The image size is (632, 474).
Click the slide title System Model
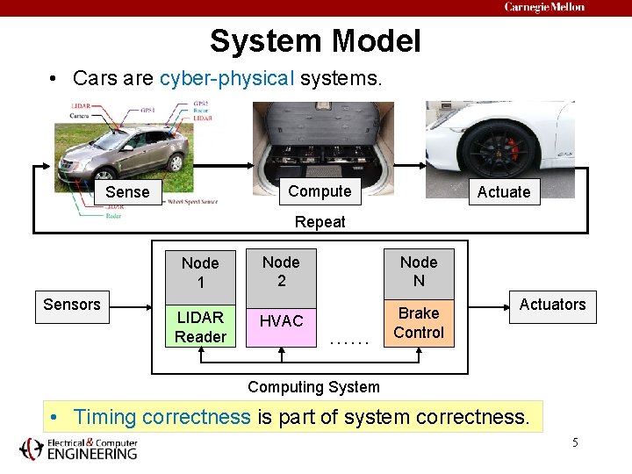[x=315, y=41]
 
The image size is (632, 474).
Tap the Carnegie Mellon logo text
[x=544, y=7]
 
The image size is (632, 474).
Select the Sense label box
[x=127, y=192]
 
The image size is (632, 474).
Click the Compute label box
[x=319, y=191]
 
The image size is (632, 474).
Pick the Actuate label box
[x=503, y=192]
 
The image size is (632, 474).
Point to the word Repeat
[x=320, y=222]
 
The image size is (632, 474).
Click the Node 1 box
[x=200, y=272]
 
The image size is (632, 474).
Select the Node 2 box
[x=281, y=271]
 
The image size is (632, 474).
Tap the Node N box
[x=419, y=271]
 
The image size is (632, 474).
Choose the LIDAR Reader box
[x=200, y=327]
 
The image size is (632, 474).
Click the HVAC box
[x=281, y=322]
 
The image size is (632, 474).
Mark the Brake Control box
[x=419, y=323]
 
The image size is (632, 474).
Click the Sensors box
[x=72, y=305]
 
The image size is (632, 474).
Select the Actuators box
[x=552, y=305]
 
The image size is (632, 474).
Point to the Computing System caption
[x=313, y=387]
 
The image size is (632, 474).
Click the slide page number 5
[x=575, y=442]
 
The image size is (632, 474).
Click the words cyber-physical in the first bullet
[x=226, y=78]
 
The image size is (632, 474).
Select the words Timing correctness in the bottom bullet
[x=162, y=417]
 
